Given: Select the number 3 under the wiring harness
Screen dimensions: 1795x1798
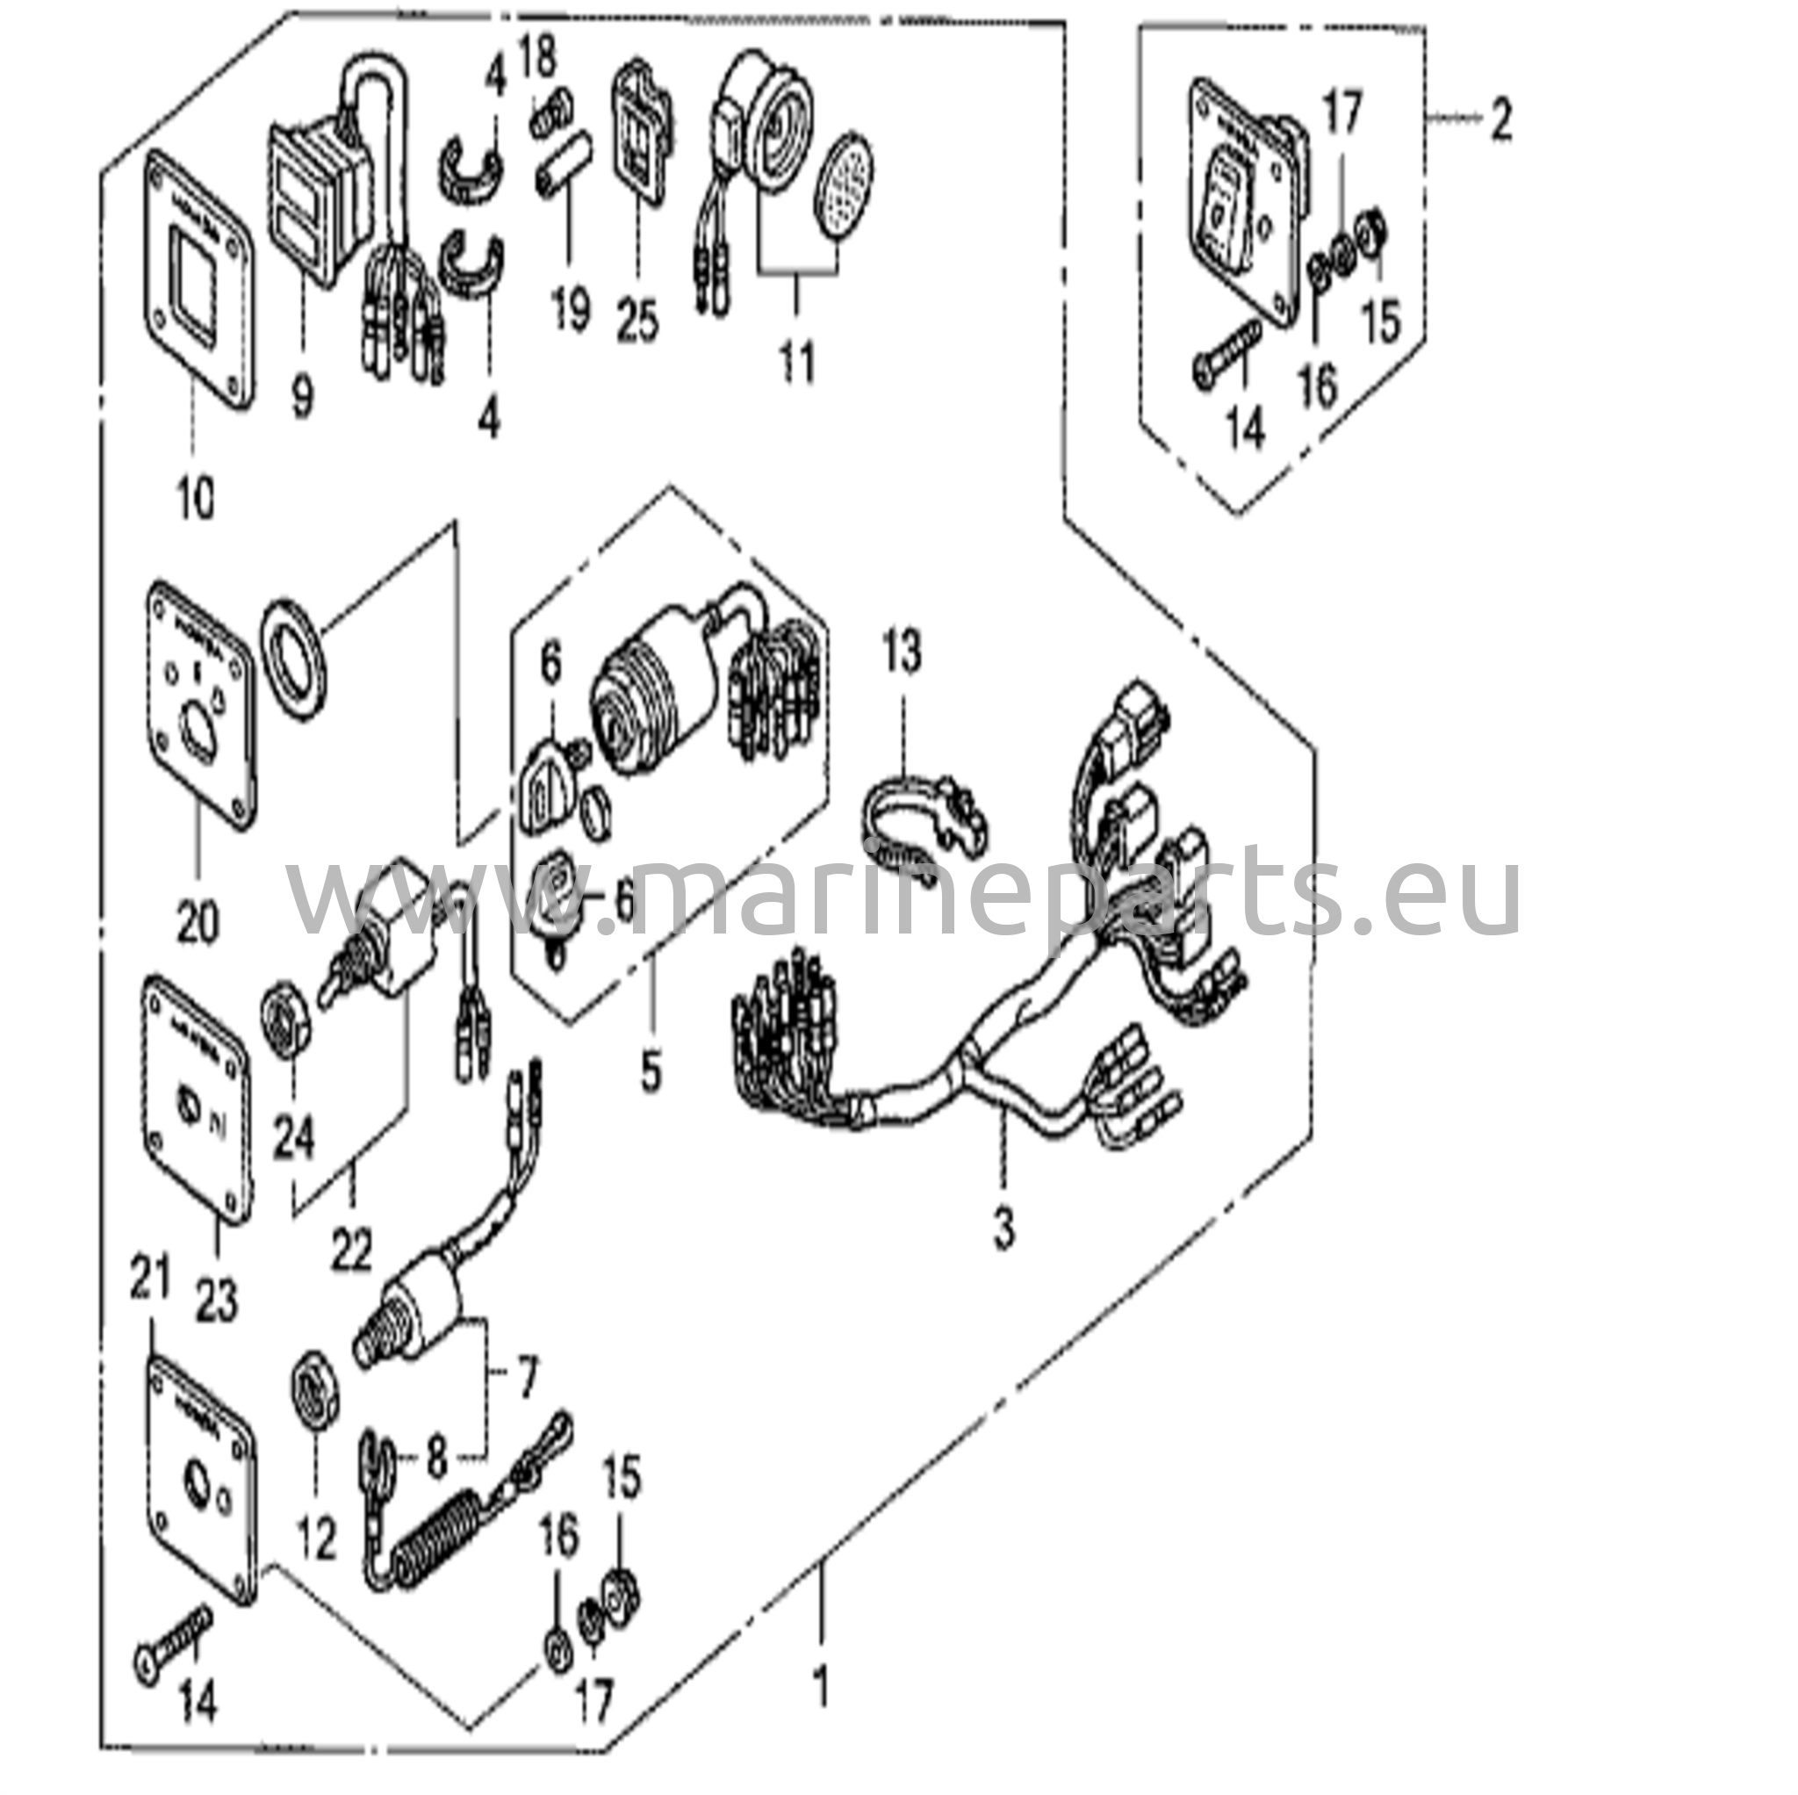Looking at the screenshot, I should pyautogui.click(x=1003, y=1229).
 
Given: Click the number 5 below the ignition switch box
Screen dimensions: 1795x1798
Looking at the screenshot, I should pyautogui.click(x=651, y=1071).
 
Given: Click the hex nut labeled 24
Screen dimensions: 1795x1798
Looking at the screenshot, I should pyautogui.click(x=289, y=1021).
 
